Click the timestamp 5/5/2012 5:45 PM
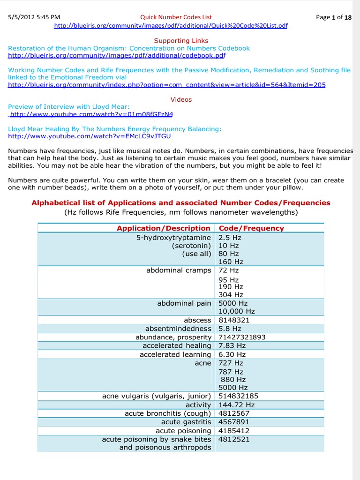click(x=34, y=17)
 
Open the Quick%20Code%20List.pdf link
click(x=171, y=26)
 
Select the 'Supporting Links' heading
click(x=181, y=41)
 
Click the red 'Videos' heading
click(x=181, y=99)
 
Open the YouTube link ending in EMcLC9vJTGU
click(x=90, y=136)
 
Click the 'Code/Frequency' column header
click(x=251, y=228)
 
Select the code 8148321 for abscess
click(x=234, y=320)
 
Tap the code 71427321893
click(x=242, y=337)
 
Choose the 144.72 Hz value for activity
click(x=237, y=405)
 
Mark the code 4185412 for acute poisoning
click(x=234, y=430)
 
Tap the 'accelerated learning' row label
click(x=175, y=354)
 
